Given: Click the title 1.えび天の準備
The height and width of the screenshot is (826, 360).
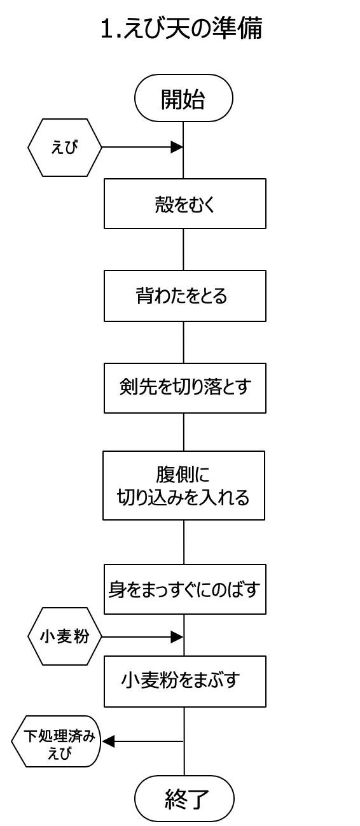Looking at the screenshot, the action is [181, 29].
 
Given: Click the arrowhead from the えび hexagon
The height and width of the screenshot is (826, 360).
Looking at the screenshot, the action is [177, 147].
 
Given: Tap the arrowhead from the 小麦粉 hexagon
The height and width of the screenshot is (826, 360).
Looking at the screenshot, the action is [177, 637].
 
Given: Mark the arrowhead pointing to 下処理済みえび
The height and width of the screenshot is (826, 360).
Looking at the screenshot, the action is [108, 741].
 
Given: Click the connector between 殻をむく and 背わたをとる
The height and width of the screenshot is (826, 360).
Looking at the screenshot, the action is [184, 249].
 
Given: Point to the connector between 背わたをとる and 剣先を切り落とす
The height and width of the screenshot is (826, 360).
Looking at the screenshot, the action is [184, 342].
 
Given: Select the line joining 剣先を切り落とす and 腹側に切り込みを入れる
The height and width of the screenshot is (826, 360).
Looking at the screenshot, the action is [184, 432].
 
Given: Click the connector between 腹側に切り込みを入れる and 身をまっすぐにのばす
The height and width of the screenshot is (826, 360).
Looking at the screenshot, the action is [184, 542].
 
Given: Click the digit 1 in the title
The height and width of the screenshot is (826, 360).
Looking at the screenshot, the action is [106, 29].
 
